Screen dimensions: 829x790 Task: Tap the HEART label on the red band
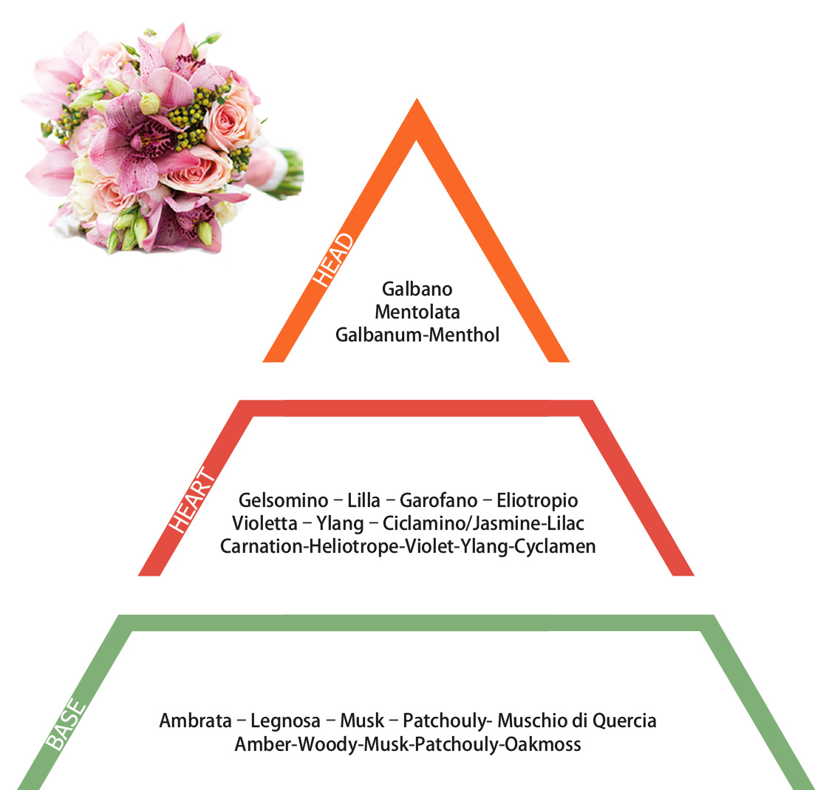tap(192, 500)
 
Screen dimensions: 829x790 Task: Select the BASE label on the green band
tap(66, 724)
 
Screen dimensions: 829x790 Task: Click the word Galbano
tap(417, 289)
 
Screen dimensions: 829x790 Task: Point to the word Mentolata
tap(417, 312)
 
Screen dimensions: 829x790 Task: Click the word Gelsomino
tap(284, 500)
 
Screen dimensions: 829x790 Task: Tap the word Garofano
tap(438, 500)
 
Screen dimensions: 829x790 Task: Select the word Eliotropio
tap(537, 500)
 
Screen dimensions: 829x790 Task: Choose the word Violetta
tap(265, 523)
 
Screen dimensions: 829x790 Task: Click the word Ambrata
tap(196, 721)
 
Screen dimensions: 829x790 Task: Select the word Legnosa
tap(285, 721)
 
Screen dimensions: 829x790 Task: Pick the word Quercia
tap(624, 721)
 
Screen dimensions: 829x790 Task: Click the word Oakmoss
tap(543, 744)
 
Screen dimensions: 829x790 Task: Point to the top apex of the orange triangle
tap(417, 99)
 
